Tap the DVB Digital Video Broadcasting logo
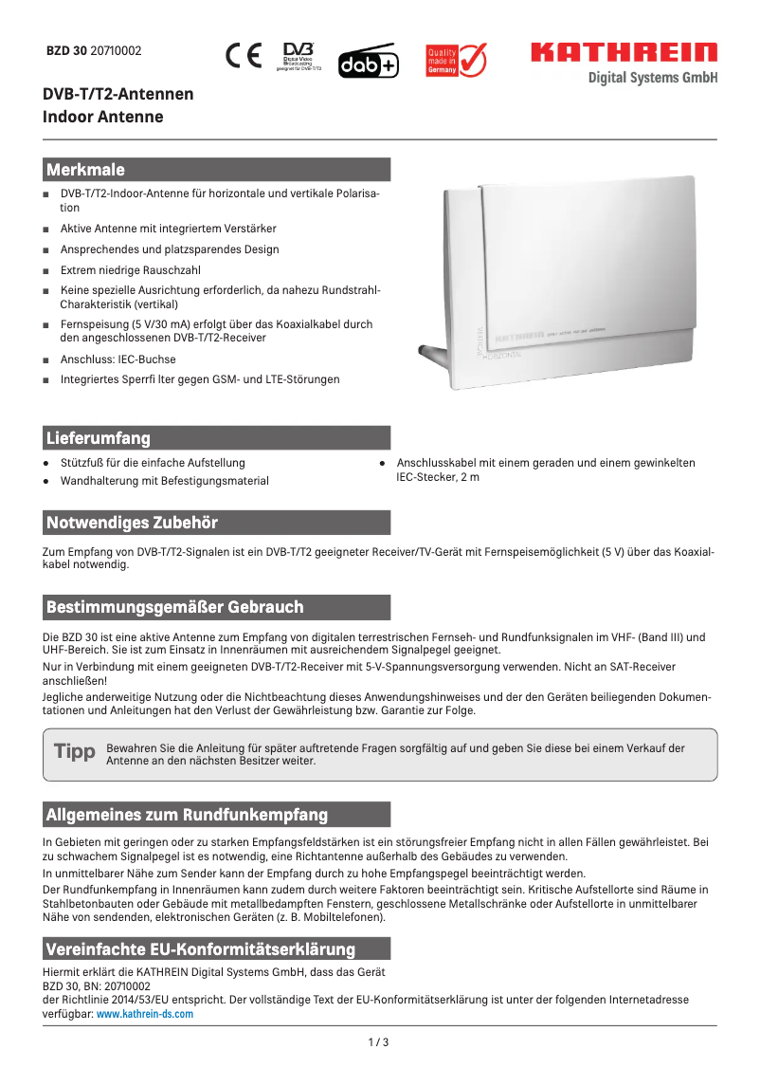(299, 55)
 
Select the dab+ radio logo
(369, 62)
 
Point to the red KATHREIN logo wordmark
(624, 52)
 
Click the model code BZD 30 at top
(67, 51)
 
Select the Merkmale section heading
(86, 170)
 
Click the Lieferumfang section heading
(99, 437)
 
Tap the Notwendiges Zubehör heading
(133, 523)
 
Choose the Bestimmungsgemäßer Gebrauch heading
(175, 606)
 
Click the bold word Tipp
(75, 752)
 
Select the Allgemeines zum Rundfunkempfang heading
(188, 815)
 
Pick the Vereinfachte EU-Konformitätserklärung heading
(201, 949)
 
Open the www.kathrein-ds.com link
(145, 1014)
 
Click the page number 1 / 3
(378, 1042)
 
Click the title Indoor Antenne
(103, 117)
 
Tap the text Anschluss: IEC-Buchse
(118, 359)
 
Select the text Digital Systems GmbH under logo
(652, 78)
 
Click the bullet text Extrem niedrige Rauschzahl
(131, 269)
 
